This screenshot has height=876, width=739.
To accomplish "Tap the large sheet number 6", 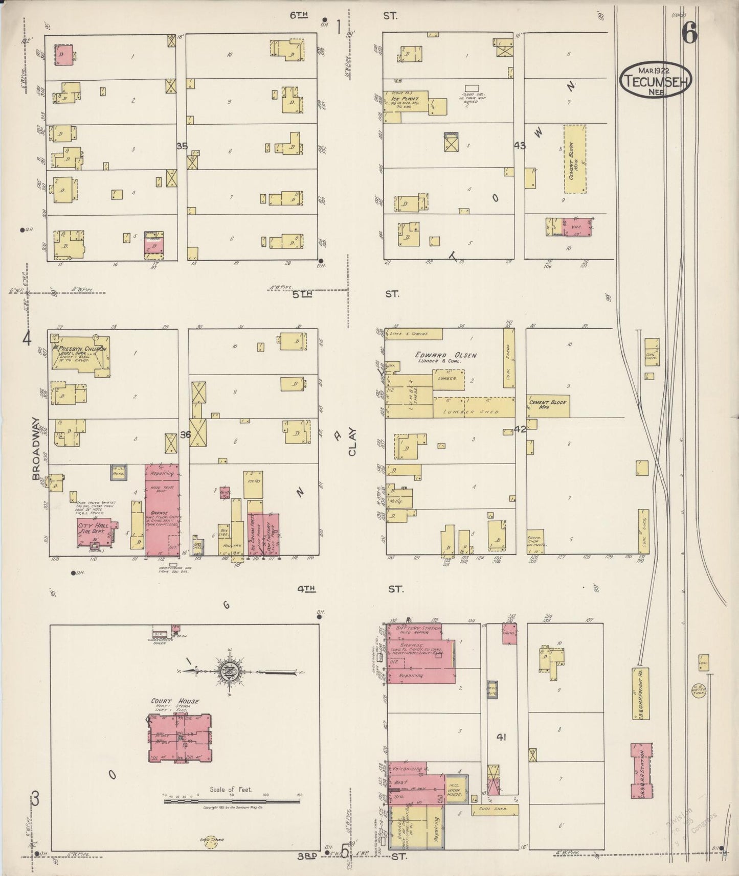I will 688,34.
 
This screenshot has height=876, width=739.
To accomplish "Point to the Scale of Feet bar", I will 231,801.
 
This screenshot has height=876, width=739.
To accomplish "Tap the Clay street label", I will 352,442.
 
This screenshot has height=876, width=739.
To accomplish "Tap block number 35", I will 182,146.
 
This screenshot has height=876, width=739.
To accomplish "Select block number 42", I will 520,429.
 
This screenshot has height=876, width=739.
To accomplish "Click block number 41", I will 501,737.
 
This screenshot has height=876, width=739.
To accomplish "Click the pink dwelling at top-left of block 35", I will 64,54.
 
